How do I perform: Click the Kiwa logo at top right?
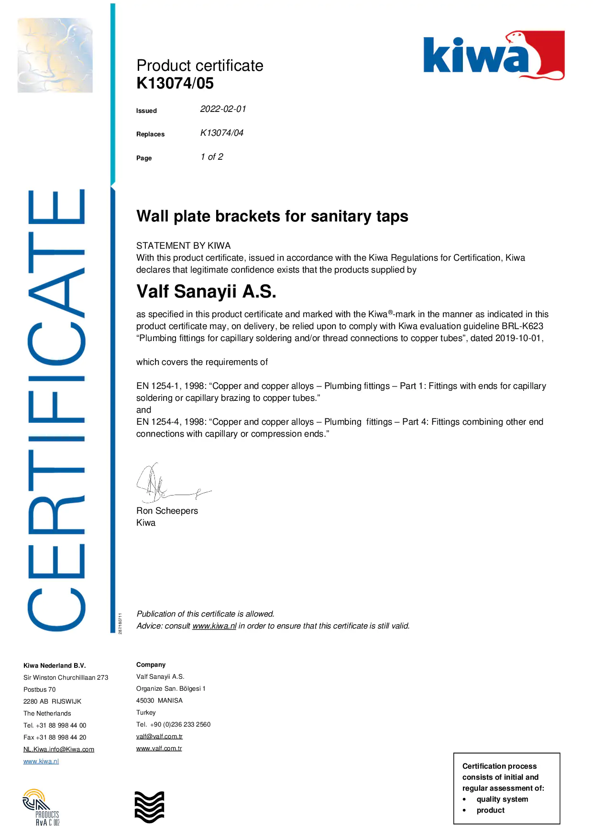tap(494, 55)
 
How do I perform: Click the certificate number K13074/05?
tap(175, 83)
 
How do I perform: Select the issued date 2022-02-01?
tap(223, 109)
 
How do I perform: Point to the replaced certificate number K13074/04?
tap(221, 133)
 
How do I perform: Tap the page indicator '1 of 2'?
tap(212, 157)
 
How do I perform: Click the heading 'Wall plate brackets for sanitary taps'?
tap(272, 216)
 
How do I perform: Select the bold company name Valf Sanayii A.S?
tap(206, 291)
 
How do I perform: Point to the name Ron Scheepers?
tap(167, 511)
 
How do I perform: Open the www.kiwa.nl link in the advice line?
tap(214, 626)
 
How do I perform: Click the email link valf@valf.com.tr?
tap(159, 737)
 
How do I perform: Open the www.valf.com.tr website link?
tap(159, 749)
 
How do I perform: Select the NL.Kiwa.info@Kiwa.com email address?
tap(59, 750)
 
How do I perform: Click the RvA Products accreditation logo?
tap(41, 807)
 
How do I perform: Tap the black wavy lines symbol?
tap(149, 807)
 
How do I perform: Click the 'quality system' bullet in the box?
tap(502, 799)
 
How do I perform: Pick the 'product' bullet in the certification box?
tap(490, 810)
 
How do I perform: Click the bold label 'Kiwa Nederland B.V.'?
tap(55, 666)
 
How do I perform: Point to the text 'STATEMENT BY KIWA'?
tap(183, 246)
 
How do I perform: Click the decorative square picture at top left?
tap(55, 55)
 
